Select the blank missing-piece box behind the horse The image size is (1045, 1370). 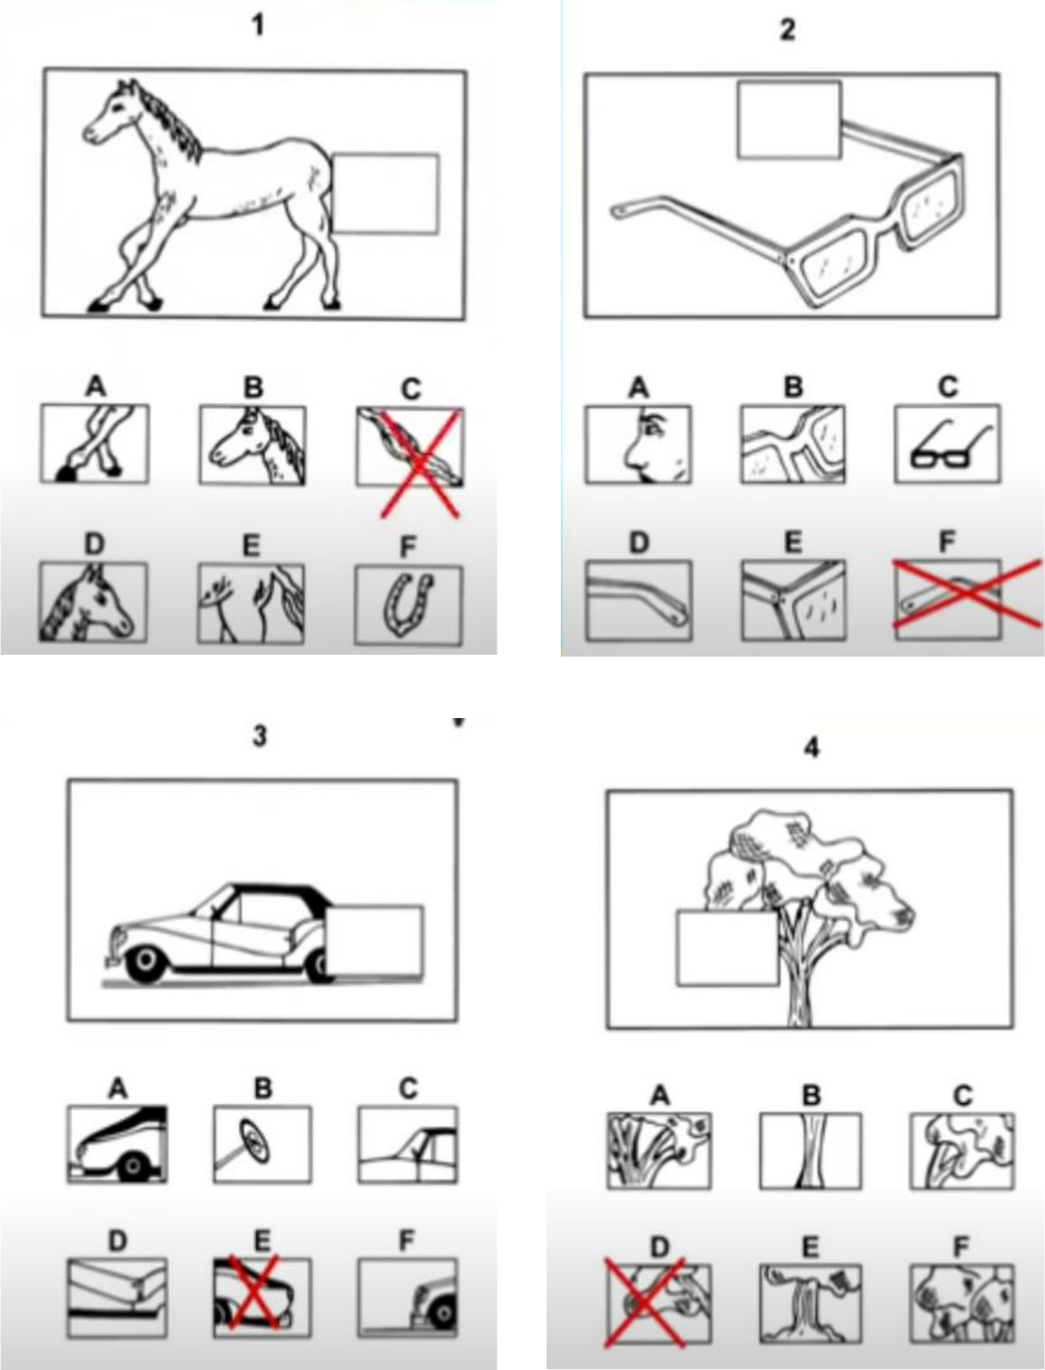[385, 194]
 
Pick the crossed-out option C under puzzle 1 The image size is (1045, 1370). [409, 447]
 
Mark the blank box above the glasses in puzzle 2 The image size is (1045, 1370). [790, 119]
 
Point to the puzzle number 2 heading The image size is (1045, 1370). [788, 28]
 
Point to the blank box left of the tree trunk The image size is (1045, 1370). [727, 948]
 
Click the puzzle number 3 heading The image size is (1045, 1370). [259, 736]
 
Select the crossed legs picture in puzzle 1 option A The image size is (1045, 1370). [95, 443]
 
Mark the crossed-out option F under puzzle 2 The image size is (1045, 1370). [948, 599]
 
